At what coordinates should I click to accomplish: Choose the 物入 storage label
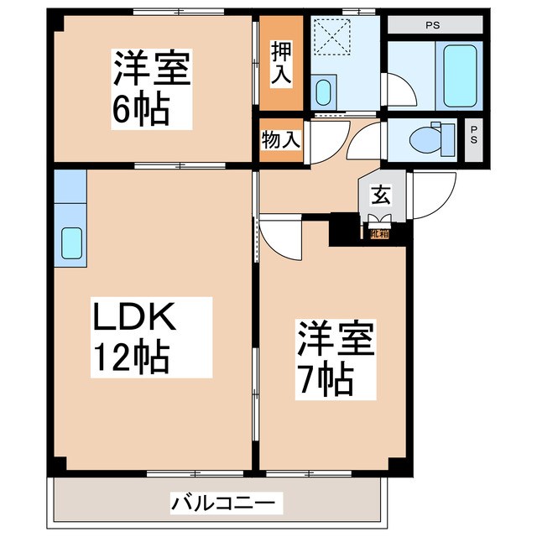(x=280, y=139)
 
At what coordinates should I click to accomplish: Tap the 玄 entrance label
(x=380, y=196)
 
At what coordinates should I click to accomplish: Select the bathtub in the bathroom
(x=460, y=76)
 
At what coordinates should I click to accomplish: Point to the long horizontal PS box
(x=433, y=25)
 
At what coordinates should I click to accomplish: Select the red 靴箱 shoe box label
(x=380, y=233)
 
